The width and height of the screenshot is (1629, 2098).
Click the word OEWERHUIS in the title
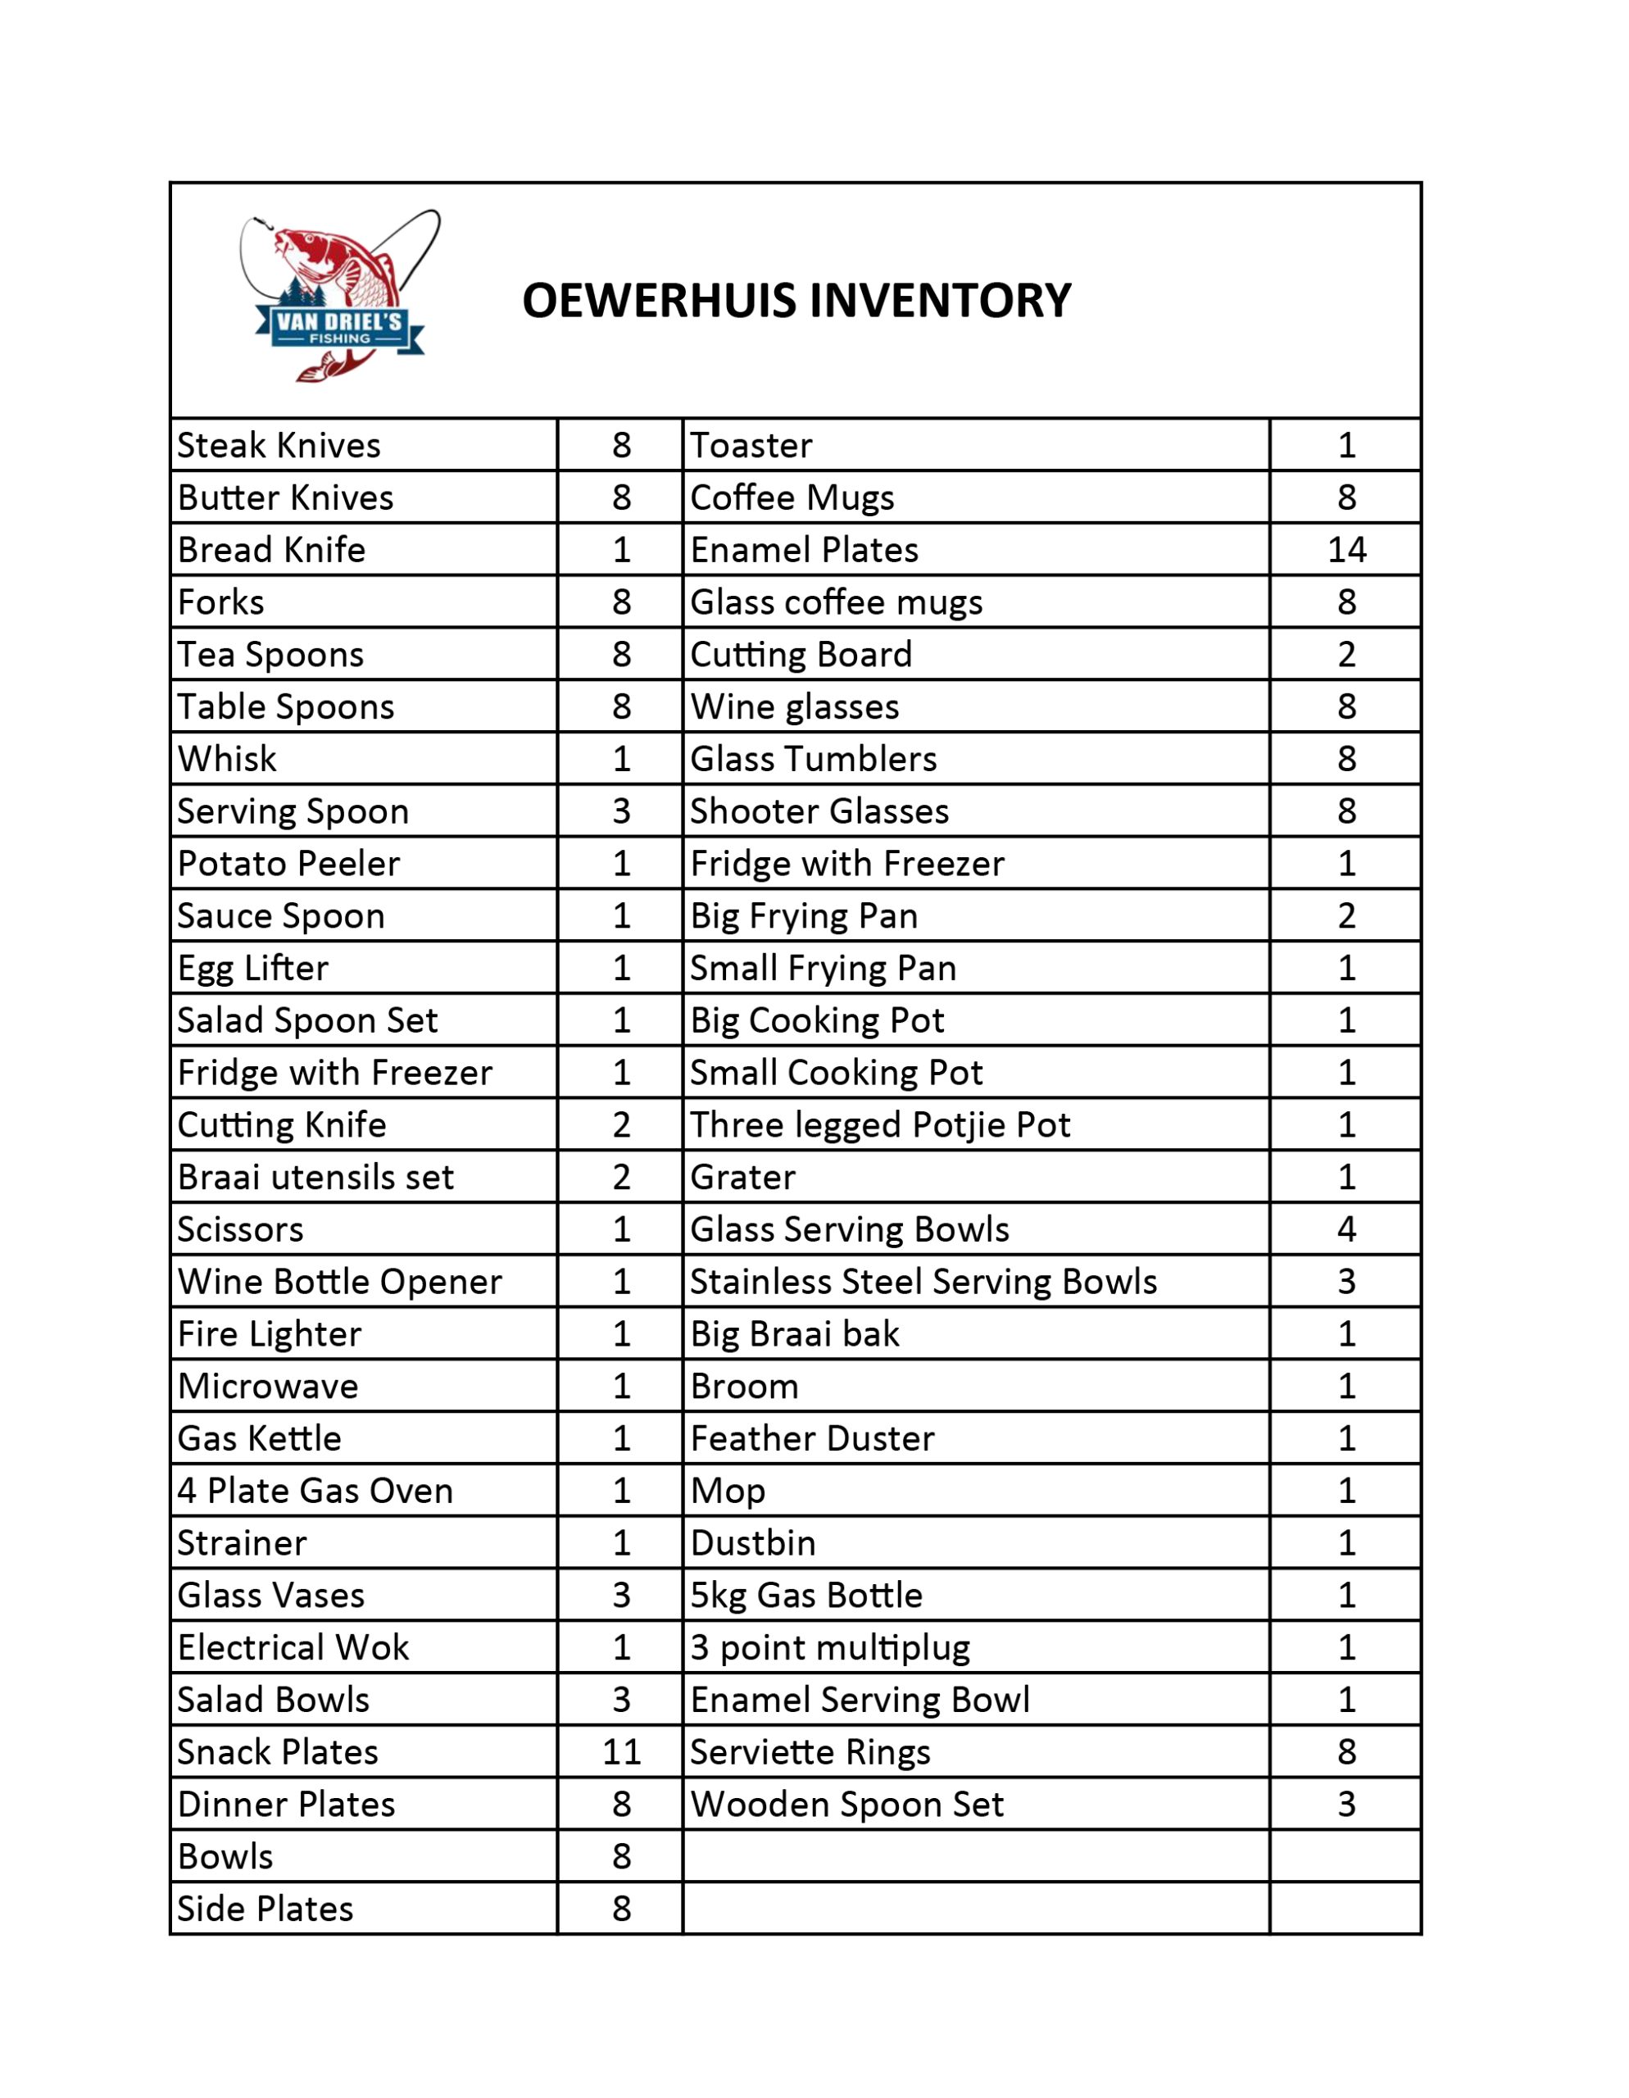point(658,301)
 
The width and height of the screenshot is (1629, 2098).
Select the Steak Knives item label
point(279,446)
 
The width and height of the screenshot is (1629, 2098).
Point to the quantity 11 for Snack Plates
point(620,1752)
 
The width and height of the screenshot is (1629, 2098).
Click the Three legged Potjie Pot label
point(880,1125)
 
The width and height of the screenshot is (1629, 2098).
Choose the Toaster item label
point(751,446)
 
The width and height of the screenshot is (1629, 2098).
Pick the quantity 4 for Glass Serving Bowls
point(1345,1229)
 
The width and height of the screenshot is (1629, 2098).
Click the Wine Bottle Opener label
point(339,1282)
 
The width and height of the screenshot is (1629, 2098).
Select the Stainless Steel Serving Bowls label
point(923,1282)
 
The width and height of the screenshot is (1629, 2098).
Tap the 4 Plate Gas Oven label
point(315,1491)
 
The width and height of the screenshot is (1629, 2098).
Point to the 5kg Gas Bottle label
point(805,1596)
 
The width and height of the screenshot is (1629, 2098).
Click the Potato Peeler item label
point(288,864)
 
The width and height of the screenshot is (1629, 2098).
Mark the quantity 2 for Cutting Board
point(1345,655)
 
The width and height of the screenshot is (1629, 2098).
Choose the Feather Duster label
point(811,1439)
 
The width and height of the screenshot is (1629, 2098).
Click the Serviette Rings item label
point(810,1752)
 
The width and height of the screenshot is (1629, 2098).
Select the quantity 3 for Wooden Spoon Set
point(1345,1805)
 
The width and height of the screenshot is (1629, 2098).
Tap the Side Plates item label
point(265,1909)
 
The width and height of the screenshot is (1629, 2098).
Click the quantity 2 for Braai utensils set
point(620,1178)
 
